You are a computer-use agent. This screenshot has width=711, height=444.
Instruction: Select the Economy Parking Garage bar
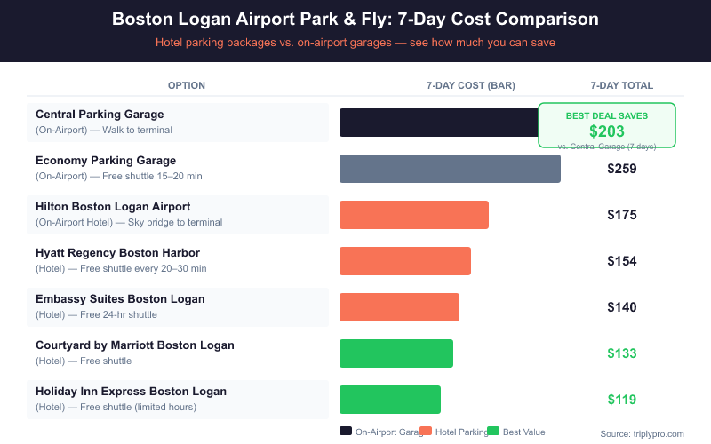[450, 169]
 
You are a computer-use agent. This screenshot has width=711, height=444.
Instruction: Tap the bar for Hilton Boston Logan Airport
[414, 215]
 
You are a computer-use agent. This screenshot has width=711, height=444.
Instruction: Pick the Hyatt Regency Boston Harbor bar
[405, 261]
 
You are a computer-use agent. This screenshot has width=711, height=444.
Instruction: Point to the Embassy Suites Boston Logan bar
[399, 307]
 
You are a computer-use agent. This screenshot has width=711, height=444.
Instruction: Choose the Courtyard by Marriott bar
[396, 353]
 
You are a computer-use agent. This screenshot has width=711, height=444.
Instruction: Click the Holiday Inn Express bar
[390, 400]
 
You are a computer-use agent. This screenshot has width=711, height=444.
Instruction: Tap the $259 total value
[622, 169]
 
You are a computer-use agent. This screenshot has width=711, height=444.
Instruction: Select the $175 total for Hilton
[622, 215]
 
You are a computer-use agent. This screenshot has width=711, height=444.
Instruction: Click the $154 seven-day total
[622, 261]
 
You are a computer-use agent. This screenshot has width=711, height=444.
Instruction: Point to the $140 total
[622, 307]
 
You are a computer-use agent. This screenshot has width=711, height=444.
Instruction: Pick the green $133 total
[622, 353]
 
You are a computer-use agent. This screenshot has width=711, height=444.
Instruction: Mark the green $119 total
[622, 400]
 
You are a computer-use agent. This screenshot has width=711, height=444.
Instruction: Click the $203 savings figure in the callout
[607, 131]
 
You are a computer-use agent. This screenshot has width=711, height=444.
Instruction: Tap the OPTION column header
[187, 86]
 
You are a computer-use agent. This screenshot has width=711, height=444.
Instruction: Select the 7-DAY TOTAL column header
[622, 86]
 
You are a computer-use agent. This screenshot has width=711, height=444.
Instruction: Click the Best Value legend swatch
[493, 432]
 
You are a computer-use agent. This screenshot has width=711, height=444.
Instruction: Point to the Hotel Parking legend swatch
[426, 432]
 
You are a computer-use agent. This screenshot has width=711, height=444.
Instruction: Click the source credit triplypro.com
[642, 433]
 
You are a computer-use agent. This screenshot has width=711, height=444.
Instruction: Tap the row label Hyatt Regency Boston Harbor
[117, 253]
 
